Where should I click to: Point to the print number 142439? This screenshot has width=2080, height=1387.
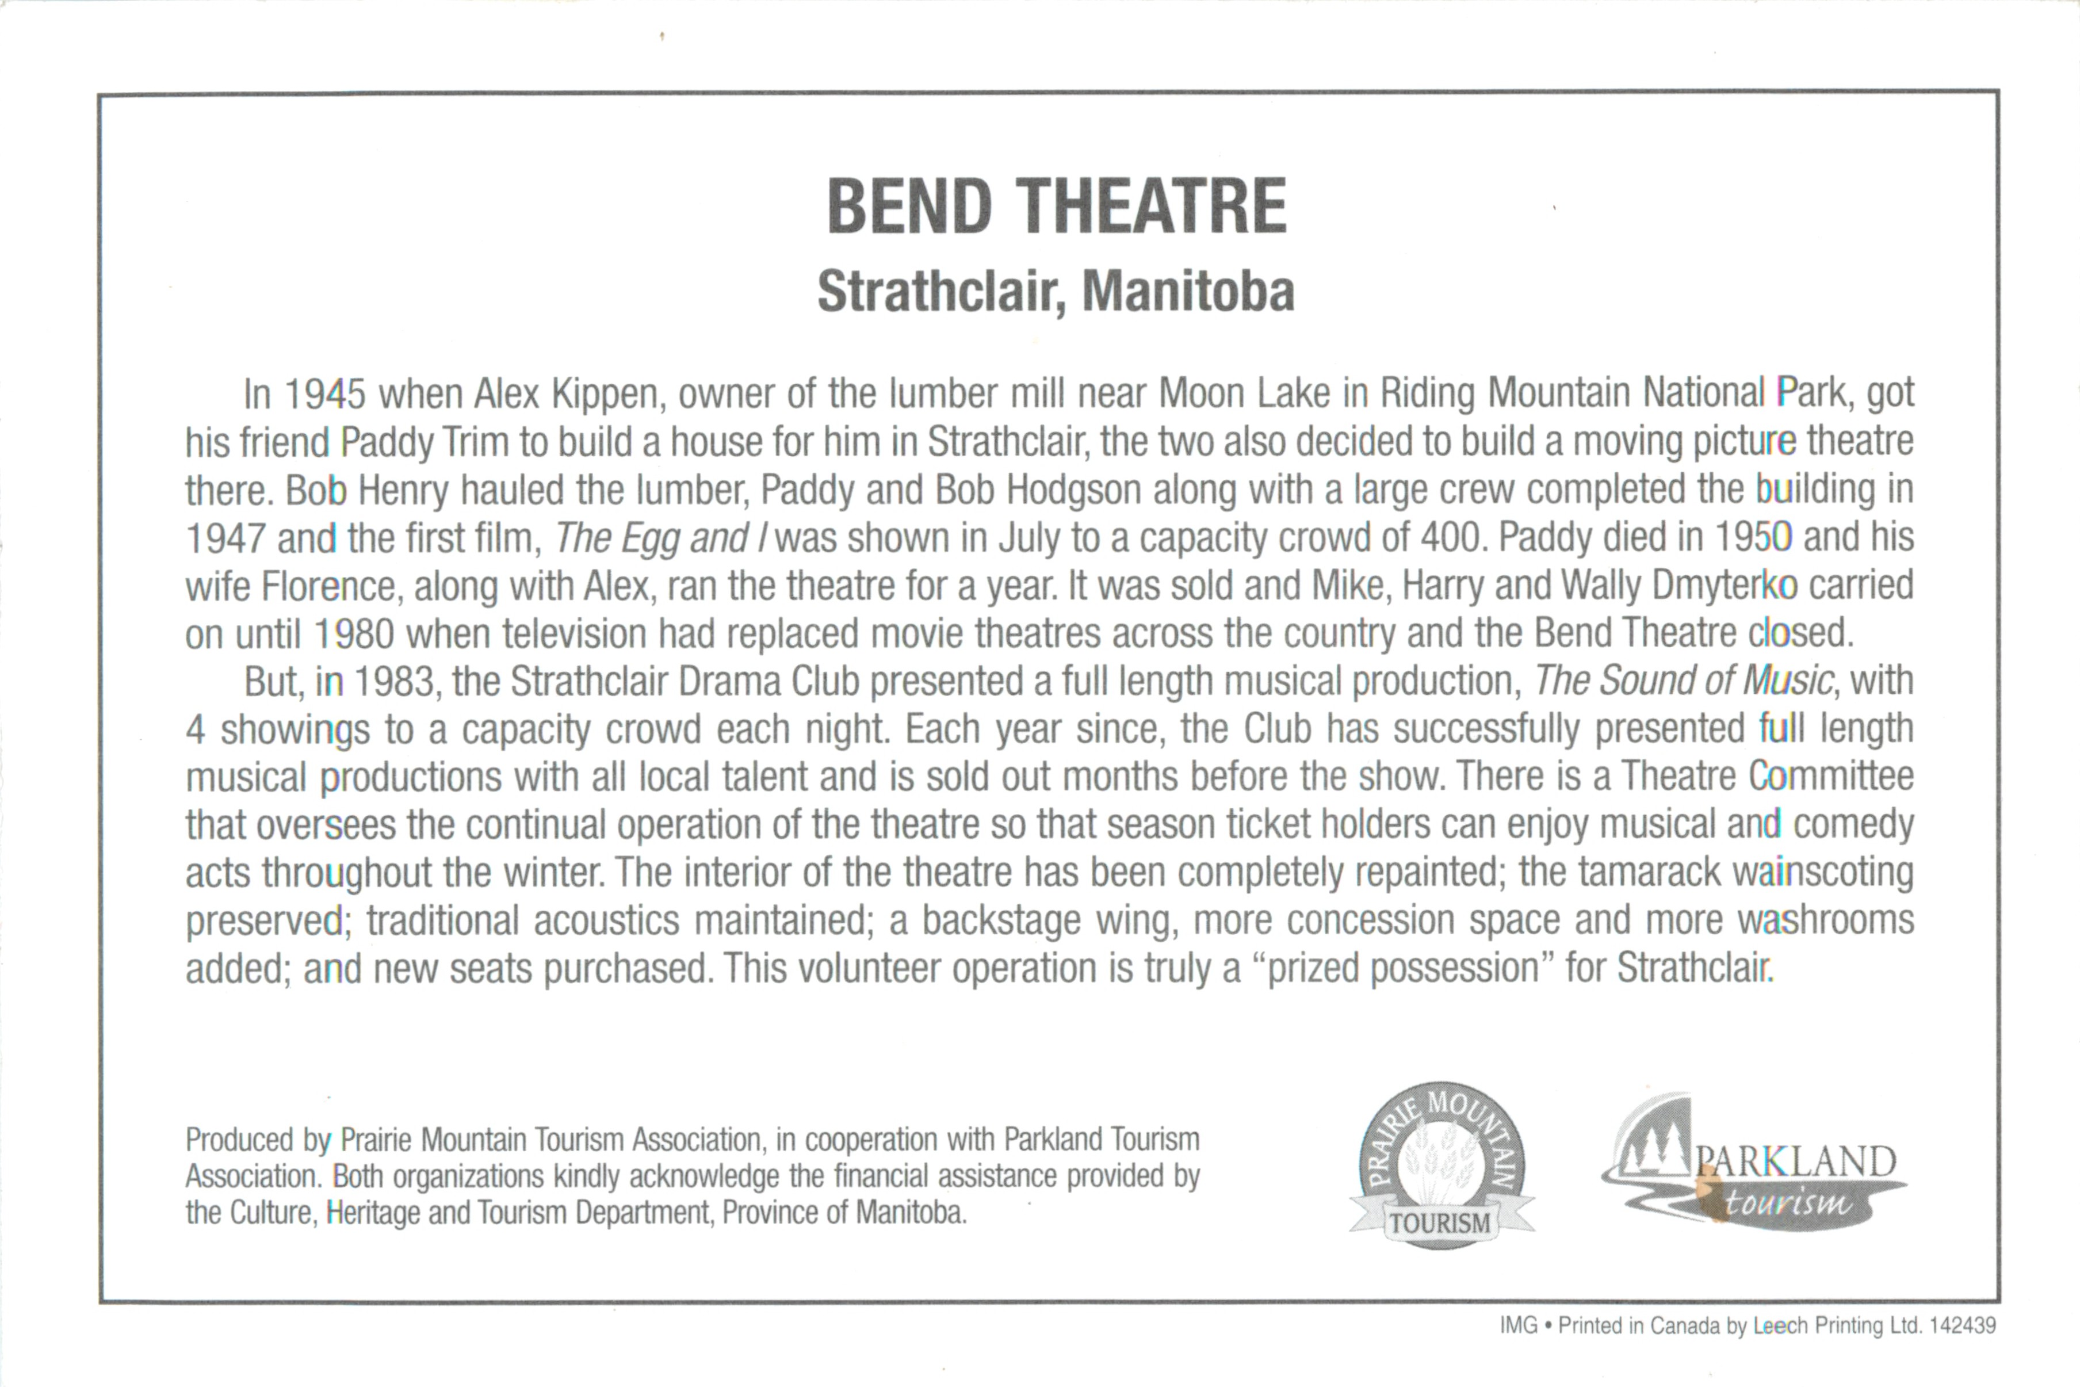1963,1326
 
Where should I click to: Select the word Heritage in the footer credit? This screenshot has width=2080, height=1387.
373,1213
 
